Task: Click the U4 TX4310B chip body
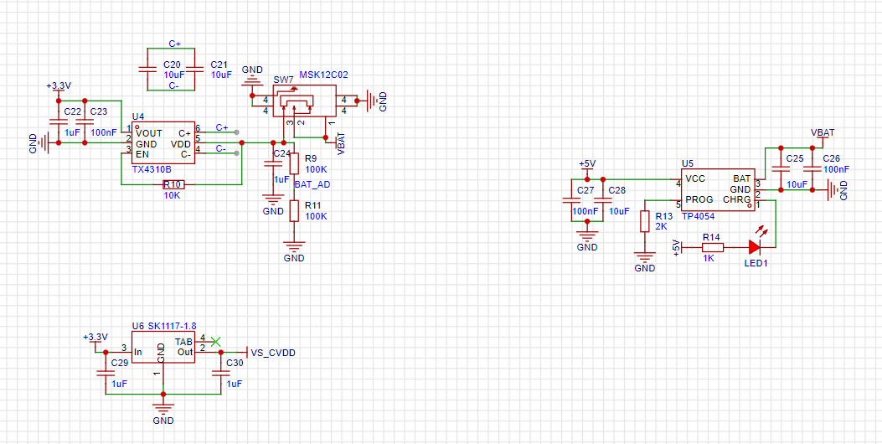click(x=163, y=143)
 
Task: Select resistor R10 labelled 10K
click(x=173, y=184)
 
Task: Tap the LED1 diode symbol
click(x=754, y=247)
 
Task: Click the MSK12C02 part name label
click(x=323, y=75)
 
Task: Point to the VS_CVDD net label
click(x=273, y=353)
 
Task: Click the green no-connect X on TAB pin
click(x=216, y=341)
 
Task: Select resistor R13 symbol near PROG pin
click(x=644, y=221)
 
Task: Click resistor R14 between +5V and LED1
click(x=711, y=247)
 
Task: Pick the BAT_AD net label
click(x=312, y=183)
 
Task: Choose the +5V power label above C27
click(x=587, y=163)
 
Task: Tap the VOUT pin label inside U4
click(x=149, y=133)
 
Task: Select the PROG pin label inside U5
click(x=699, y=199)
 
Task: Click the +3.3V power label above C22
click(x=59, y=86)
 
